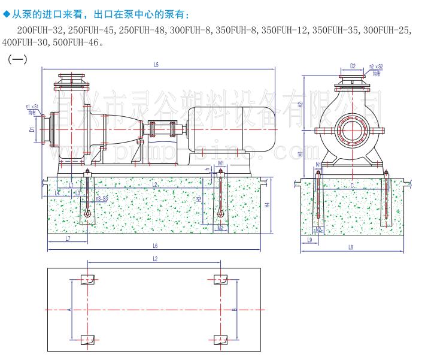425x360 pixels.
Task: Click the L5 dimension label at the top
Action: tap(155, 64)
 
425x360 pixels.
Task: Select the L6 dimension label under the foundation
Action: tap(155, 246)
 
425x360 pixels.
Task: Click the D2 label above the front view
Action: tap(353, 66)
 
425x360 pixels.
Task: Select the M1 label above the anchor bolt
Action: tap(221, 163)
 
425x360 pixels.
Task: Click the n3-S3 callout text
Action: tap(102, 198)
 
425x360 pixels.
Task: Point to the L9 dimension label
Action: tap(310, 240)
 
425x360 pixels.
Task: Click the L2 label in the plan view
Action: tap(154, 259)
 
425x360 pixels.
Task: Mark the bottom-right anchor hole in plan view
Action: tap(221, 340)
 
